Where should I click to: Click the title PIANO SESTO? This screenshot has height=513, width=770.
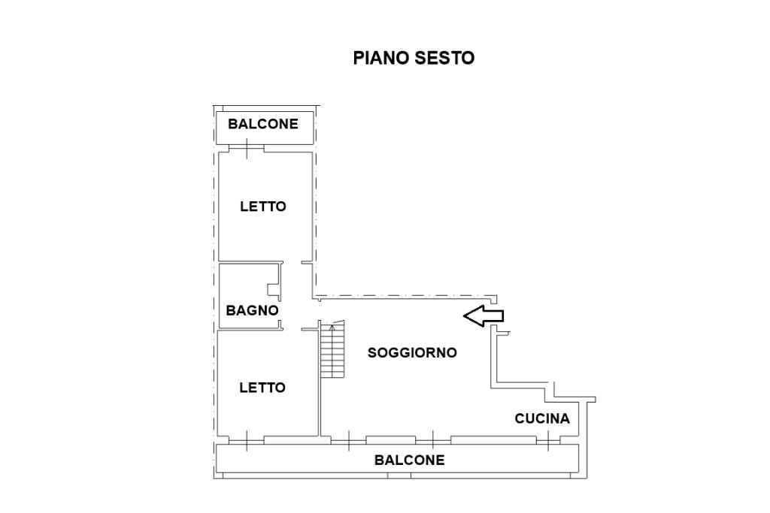tap(414, 58)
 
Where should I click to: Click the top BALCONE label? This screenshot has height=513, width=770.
tap(263, 124)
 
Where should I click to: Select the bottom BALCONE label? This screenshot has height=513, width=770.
tap(410, 460)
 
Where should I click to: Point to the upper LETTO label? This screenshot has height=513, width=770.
tap(263, 206)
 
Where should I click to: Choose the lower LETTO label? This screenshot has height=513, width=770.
tap(262, 388)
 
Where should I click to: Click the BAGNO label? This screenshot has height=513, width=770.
tap(253, 309)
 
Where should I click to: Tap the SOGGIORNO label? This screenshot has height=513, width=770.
tap(412, 352)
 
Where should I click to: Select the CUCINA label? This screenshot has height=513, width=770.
tap(542, 418)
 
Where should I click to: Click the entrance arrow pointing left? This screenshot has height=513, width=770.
tap(483, 316)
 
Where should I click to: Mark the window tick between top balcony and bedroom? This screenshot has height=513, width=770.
tap(247, 149)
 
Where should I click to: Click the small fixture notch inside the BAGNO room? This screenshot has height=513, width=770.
tap(274, 288)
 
